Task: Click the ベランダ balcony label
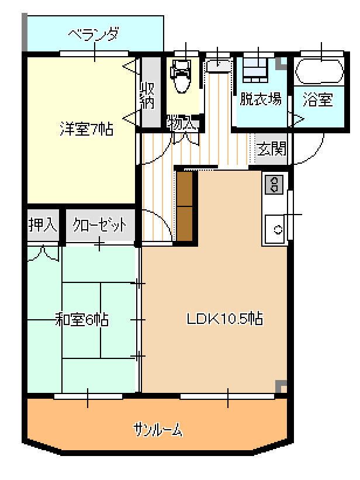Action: click(x=94, y=34)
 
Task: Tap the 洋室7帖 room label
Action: click(x=86, y=129)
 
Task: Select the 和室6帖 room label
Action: click(x=82, y=319)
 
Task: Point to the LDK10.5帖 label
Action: click(x=225, y=319)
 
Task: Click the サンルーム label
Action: click(x=158, y=430)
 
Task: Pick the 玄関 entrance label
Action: click(x=272, y=149)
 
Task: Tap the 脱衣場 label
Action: click(x=261, y=99)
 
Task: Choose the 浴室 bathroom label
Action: click(x=318, y=99)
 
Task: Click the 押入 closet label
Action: click(x=43, y=225)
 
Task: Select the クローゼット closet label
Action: click(x=99, y=225)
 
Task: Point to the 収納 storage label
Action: click(x=147, y=95)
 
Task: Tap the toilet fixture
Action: click(x=181, y=76)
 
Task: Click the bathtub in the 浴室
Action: click(x=319, y=71)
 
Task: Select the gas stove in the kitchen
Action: click(x=274, y=185)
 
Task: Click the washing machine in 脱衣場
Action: click(x=255, y=70)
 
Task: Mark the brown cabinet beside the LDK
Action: click(x=185, y=206)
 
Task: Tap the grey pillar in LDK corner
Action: click(x=281, y=386)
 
